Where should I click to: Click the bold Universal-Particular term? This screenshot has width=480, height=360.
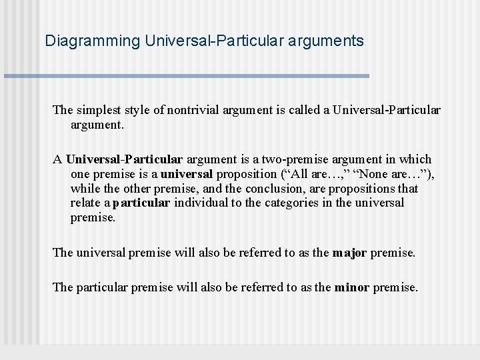(124, 159)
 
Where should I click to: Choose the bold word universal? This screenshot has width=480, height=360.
(186, 174)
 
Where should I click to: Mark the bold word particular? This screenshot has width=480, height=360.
(141, 203)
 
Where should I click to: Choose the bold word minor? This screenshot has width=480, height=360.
(352, 287)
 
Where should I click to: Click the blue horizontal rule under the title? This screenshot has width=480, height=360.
(187, 76)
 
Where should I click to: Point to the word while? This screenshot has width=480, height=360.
(85, 189)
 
